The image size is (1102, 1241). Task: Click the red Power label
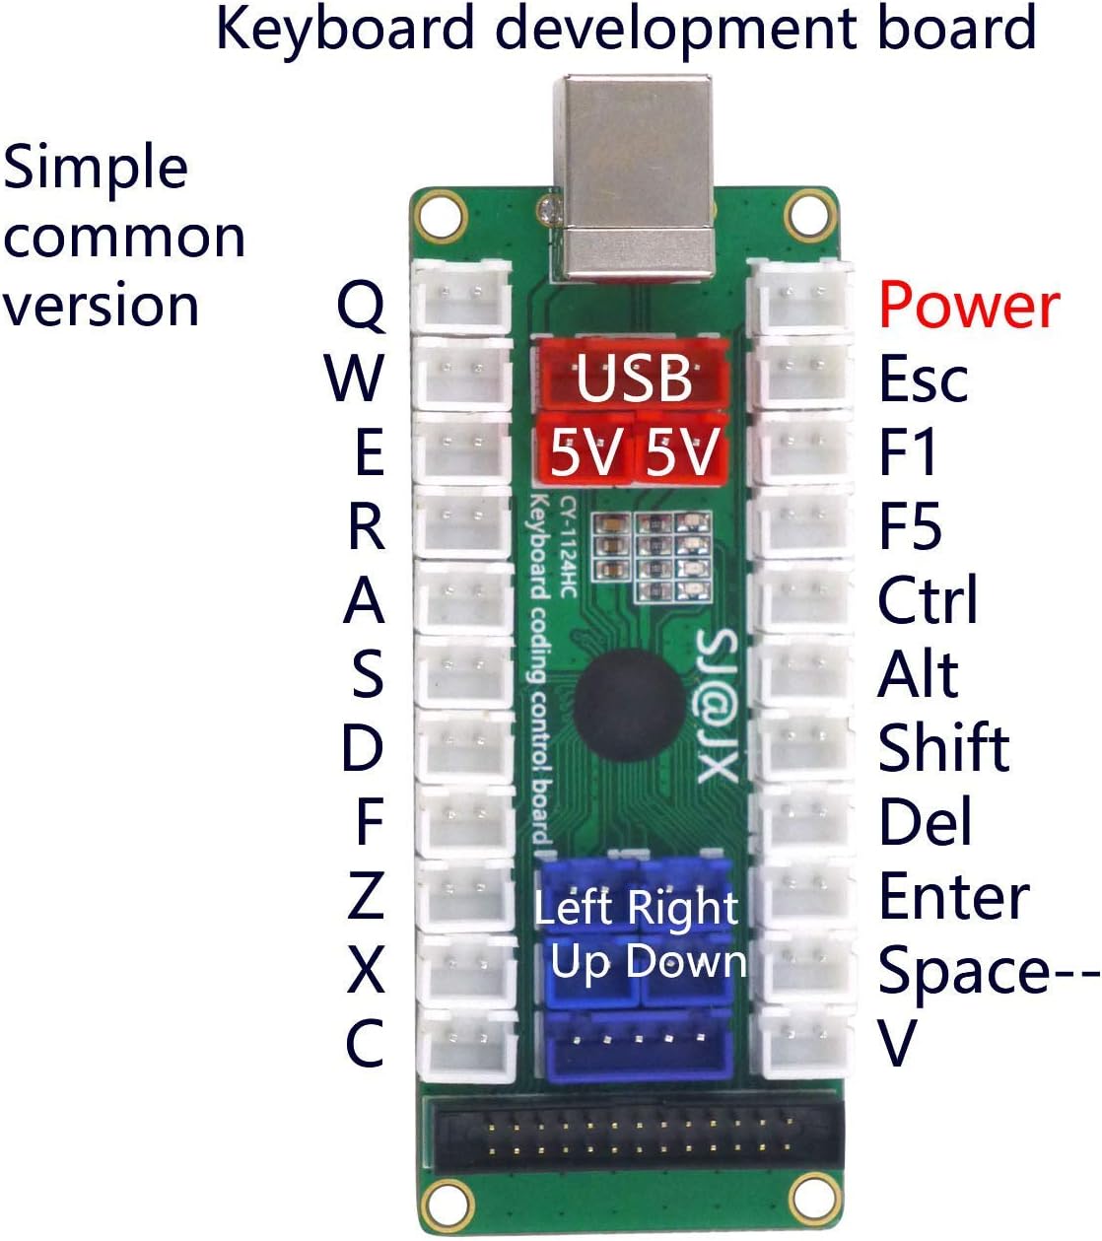coord(969,306)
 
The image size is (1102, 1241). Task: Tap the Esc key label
coord(923,379)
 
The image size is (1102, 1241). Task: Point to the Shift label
coord(943,748)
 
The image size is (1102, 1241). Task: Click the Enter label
coord(953,896)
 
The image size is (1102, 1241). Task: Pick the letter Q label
coord(361,306)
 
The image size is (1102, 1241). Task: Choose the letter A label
coord(364,600)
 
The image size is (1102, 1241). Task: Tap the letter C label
coord(364,1044)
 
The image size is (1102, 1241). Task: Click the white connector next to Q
coord(461,297)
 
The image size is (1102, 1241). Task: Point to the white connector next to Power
coord(799,297)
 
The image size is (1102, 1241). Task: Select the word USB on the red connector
coord(634,378)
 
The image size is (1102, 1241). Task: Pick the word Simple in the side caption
coord(96,168)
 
